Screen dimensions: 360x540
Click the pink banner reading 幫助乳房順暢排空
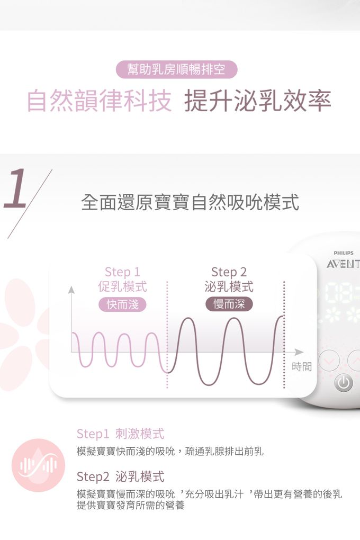pyautogui.click(x=177, y=69)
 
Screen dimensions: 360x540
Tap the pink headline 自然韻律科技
pyautogui.click(x=99, y=101)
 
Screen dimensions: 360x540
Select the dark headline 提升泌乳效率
pyautogui.click(x=258, y=101)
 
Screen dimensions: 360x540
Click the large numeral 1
pyautogui.click(x=15, y=188)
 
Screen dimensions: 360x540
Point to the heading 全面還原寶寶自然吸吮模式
pyautogui.click(x=190, y=202)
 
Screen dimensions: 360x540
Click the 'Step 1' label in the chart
pyautogui.click(x=122, y=272)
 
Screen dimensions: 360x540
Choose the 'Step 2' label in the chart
pyautogui.click(x=229, y=272)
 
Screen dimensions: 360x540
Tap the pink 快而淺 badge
pyautogui.click(x=122, y=304)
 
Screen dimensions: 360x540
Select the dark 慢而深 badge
pyautogui.click(x=229, y=304)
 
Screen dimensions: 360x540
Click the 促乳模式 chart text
pyautogui.click(x=122, y=286)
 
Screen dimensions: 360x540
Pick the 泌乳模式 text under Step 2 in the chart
pyautogui.click(x=229, y=286)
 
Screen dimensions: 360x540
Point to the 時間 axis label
pyautogui.click(x=302, y=367)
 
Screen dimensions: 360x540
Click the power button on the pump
pyautogui.click(x=343, y=383)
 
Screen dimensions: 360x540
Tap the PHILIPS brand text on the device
pyautogui.click(x=344, y=253)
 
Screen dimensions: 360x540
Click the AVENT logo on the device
pyautogui.click(x=343, y=264)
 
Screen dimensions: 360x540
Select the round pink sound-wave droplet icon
pyautogui.click(x=38, y=465)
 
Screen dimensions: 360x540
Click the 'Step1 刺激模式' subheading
pyautogui.click(x=121, y=434)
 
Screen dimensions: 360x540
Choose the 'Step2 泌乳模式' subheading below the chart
pyautogui.click(x=121, y=476)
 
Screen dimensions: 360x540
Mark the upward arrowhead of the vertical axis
pyautogui.click(x=71, y=290)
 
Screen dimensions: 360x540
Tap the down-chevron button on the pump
pyautogui.click(x=329, y=361)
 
